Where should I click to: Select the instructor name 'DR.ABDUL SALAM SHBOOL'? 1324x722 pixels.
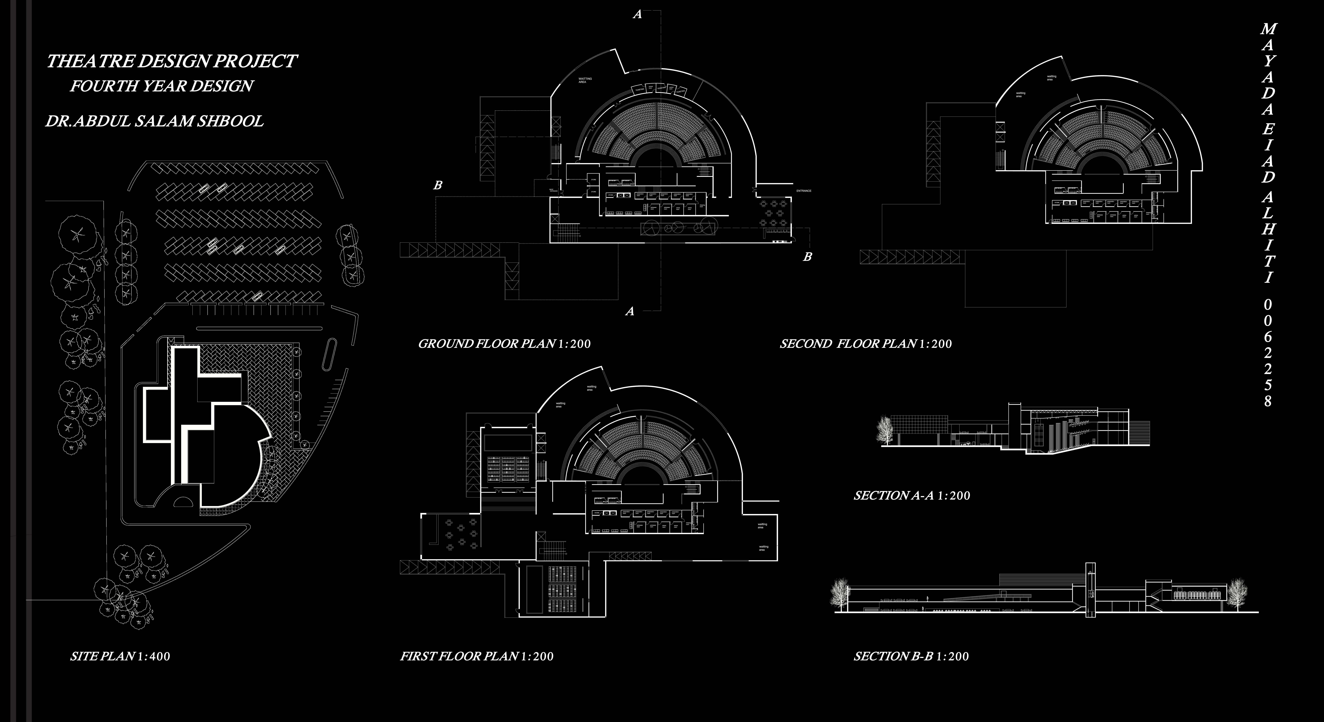click(x=154, y=121)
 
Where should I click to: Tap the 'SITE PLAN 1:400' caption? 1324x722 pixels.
click(x=120, y=656)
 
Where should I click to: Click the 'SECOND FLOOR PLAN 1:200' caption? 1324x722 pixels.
click(x=866, y=344)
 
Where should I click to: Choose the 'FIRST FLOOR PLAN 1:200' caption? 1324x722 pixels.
click(x=476, y=656)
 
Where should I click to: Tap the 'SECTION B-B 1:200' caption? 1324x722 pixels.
click(x=911, y=656)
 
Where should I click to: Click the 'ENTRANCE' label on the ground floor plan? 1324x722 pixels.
click(x=804, y=191)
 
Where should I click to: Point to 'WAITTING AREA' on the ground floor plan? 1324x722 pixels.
click(x=585, y=80)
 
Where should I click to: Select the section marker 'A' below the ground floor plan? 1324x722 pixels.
click(x=630, y=311)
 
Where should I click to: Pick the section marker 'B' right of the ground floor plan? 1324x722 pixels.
click(x=807, y=256)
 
